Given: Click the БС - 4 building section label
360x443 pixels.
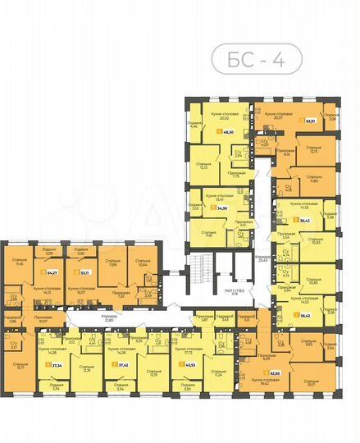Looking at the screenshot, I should [257, 59].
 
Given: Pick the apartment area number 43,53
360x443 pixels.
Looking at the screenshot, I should [189, 365].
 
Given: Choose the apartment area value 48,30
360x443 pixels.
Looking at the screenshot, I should [221, 130].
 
